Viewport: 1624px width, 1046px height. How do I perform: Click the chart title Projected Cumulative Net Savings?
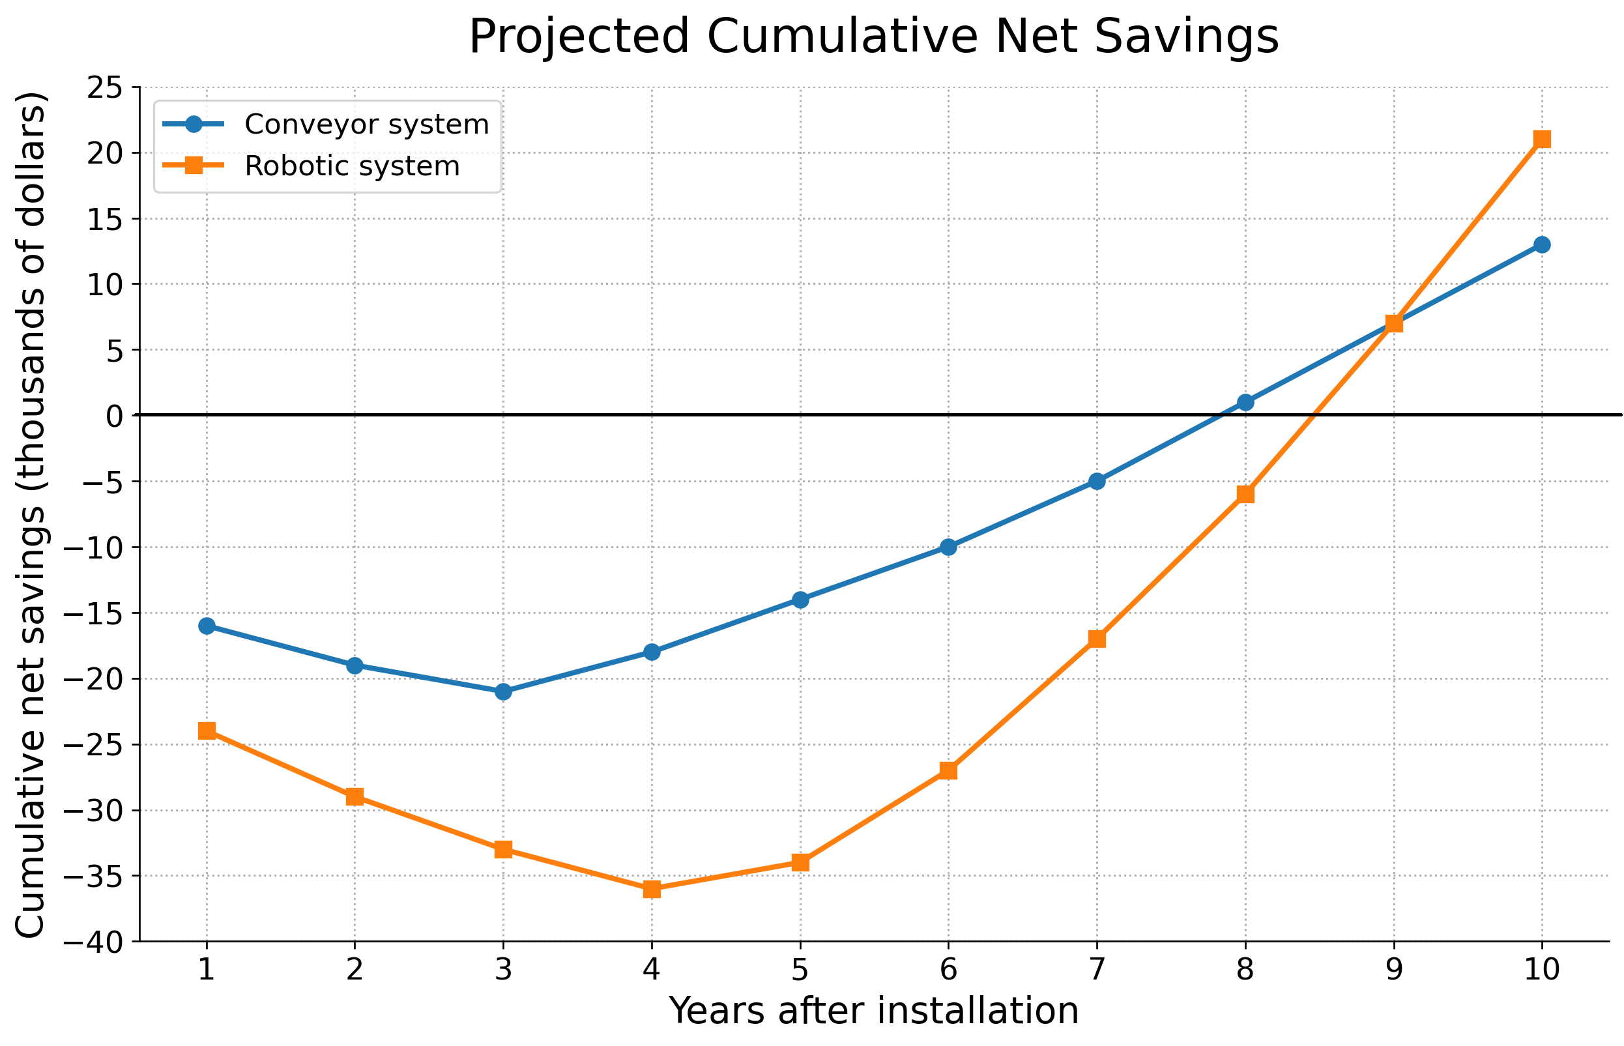pyautogui.click(x=873, y=36)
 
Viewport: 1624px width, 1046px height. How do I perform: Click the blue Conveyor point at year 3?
pyautogui.click(x=502, y=691)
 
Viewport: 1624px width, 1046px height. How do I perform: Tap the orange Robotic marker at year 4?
pyautogui.click(x=652, y=889)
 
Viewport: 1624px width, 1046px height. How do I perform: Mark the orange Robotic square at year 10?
pyautogui.click(x=1542, y=139)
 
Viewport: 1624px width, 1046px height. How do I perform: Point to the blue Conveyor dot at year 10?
pyautogui.click(x=1542, y=244)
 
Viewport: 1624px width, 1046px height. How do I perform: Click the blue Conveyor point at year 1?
pyautogui.click(x=207, y=626)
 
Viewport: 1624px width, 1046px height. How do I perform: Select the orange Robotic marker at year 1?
pyautogui.click(x=207, y=731)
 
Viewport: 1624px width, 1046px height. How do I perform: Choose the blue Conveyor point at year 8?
pyautogui.click(x=1245, y=402)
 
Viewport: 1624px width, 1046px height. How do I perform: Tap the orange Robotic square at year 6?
pyautogui.click(x=948, y=770)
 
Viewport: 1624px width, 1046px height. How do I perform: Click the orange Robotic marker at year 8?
pyautogui.click(x=1245, y=494)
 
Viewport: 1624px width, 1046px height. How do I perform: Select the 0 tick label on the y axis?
pyautogui.click(x=116, y=415)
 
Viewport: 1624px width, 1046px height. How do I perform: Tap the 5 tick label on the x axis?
pyautogui.click(x=800, y=970)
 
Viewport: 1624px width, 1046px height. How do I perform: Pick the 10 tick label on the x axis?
pyautogui.click(x=1542, y=970)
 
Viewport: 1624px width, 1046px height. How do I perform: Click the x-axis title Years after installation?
pyautogui.click(x=873, y=1011)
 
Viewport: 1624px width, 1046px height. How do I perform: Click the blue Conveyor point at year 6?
pyautogui.click(x=948, y=547)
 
